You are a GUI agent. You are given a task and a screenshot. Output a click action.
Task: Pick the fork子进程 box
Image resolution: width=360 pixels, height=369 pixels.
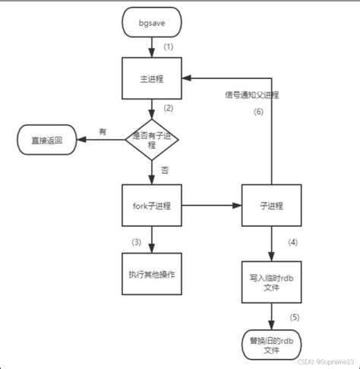153,206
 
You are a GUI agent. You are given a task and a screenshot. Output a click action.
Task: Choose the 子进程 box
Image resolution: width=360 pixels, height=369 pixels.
272,206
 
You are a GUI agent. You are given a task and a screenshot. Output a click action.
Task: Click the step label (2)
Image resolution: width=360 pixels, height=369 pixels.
169,107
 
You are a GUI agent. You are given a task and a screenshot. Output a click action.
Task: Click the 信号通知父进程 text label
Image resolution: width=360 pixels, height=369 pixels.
251,95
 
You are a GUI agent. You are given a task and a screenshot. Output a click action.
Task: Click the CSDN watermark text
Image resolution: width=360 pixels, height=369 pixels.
326,361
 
